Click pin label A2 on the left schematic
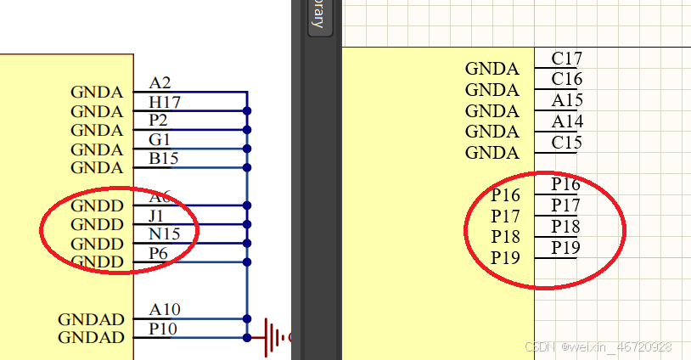tap(160, 82)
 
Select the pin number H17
tap(165, 102)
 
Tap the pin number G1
tap(160, 139)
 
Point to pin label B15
tap(164, 158)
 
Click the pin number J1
tap(156, 216)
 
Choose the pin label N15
tap(165, 234)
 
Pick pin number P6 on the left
tap(159, 253)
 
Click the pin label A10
tap(165, 310)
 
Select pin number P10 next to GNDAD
tap(164, 329)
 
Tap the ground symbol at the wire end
tap(274, 337)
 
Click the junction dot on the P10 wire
tap(247, 337)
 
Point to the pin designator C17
tap(566, 59)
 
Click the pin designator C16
tap(566, 79)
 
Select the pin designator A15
tap(566, 100)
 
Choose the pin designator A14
tap(566, 121)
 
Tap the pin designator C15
tap(566, 142)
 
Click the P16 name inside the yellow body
tap(505, 196)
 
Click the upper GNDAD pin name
tap(91, 319)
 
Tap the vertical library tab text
tap(317, 15)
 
